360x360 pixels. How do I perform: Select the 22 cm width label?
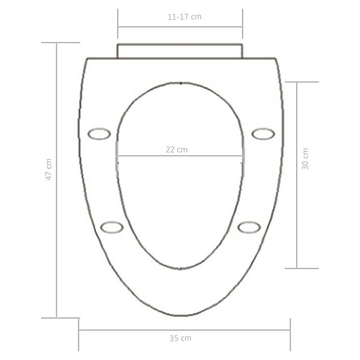pyautogui.click(x=177, y=149)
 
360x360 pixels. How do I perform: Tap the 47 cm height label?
pyautogui.click(x=49, y=170)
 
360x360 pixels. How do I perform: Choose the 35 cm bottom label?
pyautogui.click(x=180, y=338)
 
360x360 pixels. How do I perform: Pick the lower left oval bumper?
pyautogui.click(x=111, y=227)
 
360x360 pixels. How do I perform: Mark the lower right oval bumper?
pyautogui.click(x=249, y=227)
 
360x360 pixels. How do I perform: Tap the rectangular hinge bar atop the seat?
pyautogui.click(x=179, y=51)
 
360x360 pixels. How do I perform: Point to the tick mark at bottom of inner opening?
pyautogui.click(x=180, y=268)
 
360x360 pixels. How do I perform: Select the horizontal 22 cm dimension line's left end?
pyautogui.click(x=117, y=156)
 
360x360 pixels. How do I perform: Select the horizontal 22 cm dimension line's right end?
pyautogui.click(x=242, y=156)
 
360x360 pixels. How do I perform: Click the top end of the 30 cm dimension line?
pyautogui.click(x=296, y=82)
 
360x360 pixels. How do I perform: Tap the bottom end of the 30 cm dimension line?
pyautogui.click(x=296, y=268)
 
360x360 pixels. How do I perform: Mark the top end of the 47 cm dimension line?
pyautogui.click(x=57, y=43)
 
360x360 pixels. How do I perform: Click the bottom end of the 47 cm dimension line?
pyautogui.click(x=57, y=317)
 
